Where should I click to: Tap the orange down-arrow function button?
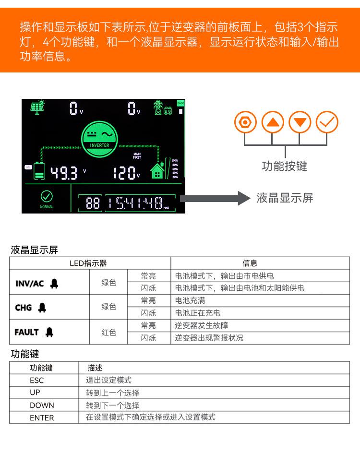coord(300,122)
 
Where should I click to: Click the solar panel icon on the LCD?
coord(38,107)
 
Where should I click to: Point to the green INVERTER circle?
coord(99,135)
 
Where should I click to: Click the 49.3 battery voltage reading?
coord(64,173)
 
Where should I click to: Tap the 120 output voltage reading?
coord(124,173)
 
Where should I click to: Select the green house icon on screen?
coord(157,171)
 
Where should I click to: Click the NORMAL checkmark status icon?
coord(47,196)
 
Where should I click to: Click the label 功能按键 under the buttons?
coord(284,166)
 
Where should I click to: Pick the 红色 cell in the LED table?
coord(108,332)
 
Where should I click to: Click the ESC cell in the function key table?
coord(36,380)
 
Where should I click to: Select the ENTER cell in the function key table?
coord(42,417)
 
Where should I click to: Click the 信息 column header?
coord(250,263)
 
